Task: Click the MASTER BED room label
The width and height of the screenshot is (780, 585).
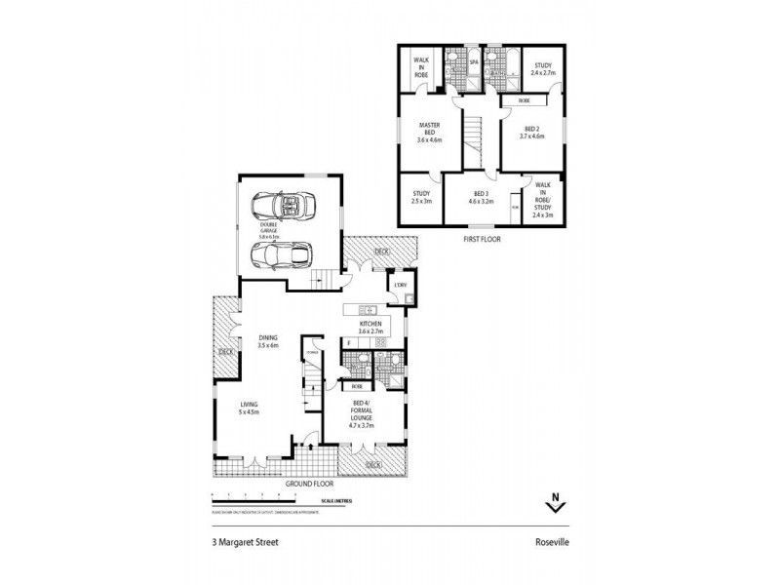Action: pyautogui.click(x=430, y=132)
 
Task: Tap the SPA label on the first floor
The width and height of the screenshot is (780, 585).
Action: pyautogui.click(x=474, y=61)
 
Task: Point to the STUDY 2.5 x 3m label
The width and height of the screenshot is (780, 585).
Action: pyautogui.click(x=421, y=197)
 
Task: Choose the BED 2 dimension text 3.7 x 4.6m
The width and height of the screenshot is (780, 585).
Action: pyautogui.click(x=531, y=136)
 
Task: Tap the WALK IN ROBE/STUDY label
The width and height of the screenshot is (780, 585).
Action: pyautogui.click(x=542, y=201)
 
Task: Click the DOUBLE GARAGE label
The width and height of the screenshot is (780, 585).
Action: pyautogui.click(x=269, y=232)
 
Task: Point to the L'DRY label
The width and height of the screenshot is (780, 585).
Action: pyautogui.click(x=400, y=285)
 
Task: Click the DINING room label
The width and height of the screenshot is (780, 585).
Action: pyautogui.click(x=268, y=341)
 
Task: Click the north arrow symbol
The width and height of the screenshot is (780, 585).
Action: pyautogui.click(x=555, y=502)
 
